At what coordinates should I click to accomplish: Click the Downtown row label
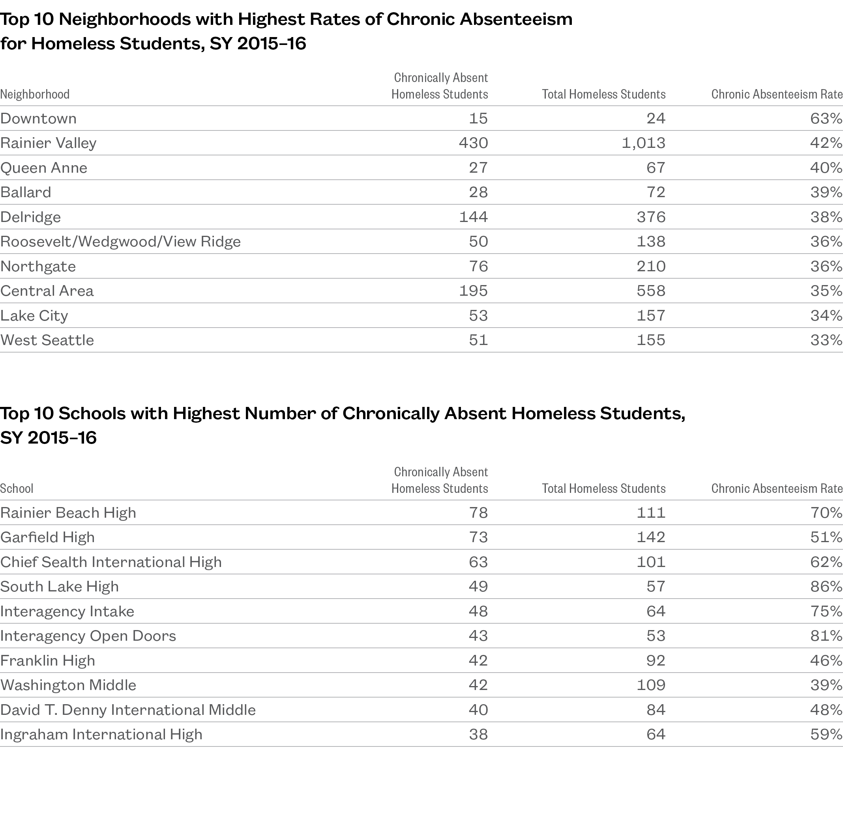tap(38, 118)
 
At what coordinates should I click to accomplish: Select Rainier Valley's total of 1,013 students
tap(643, 143)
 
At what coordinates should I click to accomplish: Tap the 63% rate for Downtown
tap(826, 118)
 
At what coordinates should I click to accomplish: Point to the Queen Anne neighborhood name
tap(43, 168)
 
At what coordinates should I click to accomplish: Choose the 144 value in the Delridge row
tap(474, 217)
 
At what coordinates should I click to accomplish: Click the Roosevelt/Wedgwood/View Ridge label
tap(120, 242)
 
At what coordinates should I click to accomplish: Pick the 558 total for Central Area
tap(651, 291)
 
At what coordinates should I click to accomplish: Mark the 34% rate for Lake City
tap(826, 316)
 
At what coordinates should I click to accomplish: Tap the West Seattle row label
tap(47, 340)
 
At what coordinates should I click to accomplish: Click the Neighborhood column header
tap(35, 94)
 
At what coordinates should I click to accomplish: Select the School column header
tap(17, 489)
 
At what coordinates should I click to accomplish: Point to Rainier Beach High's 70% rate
tap(826, 513)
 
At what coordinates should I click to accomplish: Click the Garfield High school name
tap(47, 537)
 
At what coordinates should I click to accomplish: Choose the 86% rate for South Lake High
tap(826, 587)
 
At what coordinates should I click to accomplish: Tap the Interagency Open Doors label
tap(88, 636)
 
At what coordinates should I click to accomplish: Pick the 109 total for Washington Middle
tap(651, 685)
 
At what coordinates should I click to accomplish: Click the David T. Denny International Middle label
tap(128, 710)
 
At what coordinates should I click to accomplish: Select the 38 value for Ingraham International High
tap(478, 735)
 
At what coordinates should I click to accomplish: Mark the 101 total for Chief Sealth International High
tap(651, 562)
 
